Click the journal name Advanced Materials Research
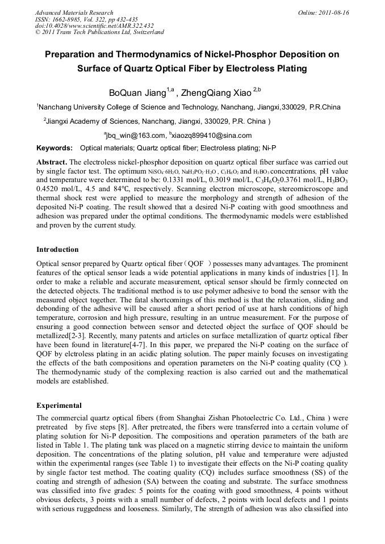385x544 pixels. tap(74, 12)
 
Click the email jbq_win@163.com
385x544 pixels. tap(136, 136)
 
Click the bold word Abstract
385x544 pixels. tap(52, 162)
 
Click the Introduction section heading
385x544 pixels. tap(57, 250)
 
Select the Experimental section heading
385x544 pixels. tap(59, 406)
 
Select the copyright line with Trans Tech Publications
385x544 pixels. tap(99, 32)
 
